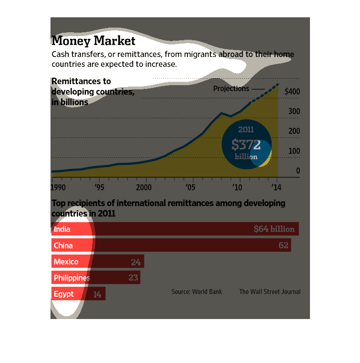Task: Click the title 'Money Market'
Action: tap(94, 41)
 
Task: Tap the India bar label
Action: tap(62, 229)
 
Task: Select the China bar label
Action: tap(63, 246)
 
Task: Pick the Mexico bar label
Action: tap(66, 261)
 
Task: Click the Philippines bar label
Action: tap(72, 278)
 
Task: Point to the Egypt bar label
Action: tap(64, 294)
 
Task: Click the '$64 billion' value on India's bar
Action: tap(274, 229)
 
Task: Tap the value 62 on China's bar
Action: tap(283, 246)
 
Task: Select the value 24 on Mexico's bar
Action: tap(136, 262)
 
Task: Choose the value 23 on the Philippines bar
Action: tap(133, 278)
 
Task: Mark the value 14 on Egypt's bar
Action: tap(97, 295)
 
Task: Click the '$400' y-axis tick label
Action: tap(292, 92)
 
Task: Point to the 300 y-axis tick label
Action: tap(294, 111)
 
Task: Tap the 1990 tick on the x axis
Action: tap(59, 188)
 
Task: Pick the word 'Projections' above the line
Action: tap(231, 89)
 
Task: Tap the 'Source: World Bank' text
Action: tap(197, 292)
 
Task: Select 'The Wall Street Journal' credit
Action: tap(270, 292)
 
